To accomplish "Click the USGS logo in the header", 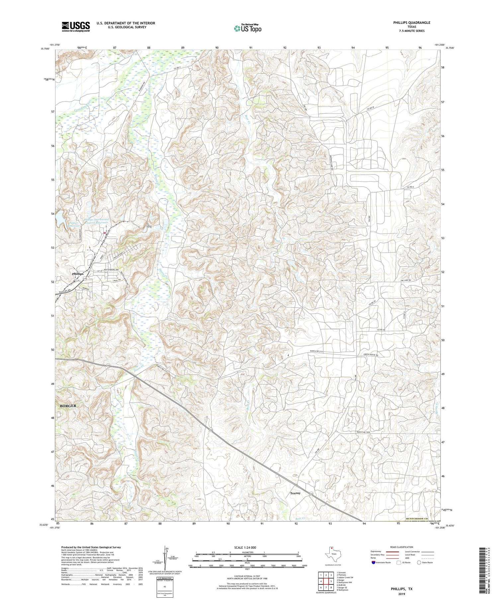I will point(76,27).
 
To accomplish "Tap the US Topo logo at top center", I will point(247,29).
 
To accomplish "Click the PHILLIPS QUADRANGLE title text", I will point(411,23).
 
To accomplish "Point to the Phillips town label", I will point(78,274).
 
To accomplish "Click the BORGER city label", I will point(68,406).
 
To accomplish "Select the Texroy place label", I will point(295,493).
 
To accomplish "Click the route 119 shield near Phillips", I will point(76,279).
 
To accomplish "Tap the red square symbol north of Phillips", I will point(105,233).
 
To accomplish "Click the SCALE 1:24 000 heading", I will point(245,547).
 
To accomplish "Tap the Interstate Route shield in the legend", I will point(373,563).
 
